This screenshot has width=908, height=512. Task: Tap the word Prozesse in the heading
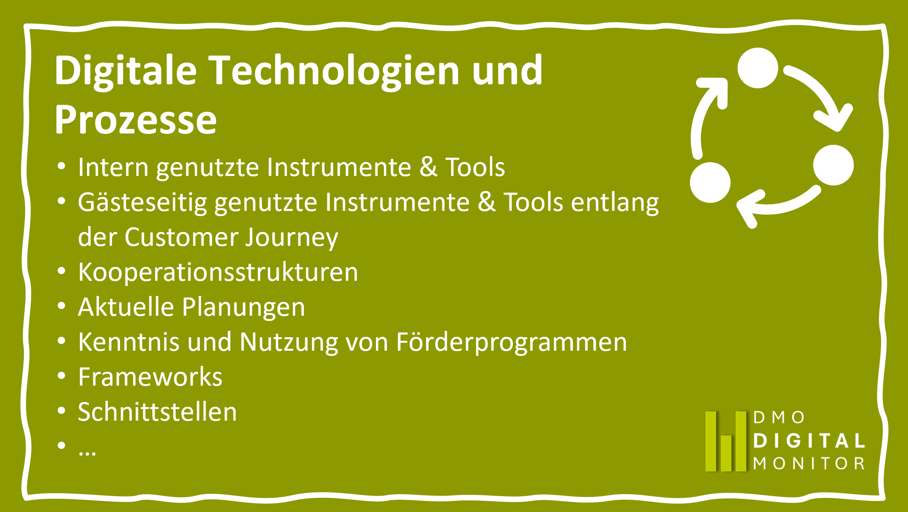point(136,120)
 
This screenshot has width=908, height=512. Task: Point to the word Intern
point(113,167)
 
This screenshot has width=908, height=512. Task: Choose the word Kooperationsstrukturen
point(218,273)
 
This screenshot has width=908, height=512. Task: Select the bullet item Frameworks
point(150,377)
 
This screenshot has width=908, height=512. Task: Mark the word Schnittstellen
point(157,412)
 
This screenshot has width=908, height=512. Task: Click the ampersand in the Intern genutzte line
point(429,167)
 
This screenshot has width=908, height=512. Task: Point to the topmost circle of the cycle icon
point(758,68)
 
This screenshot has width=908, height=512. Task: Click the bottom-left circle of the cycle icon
point(710,182)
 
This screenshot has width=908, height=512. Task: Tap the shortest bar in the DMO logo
point(726,453)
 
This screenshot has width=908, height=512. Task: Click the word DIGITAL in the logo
point(809,441)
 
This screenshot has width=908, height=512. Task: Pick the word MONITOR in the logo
point(809,463)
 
